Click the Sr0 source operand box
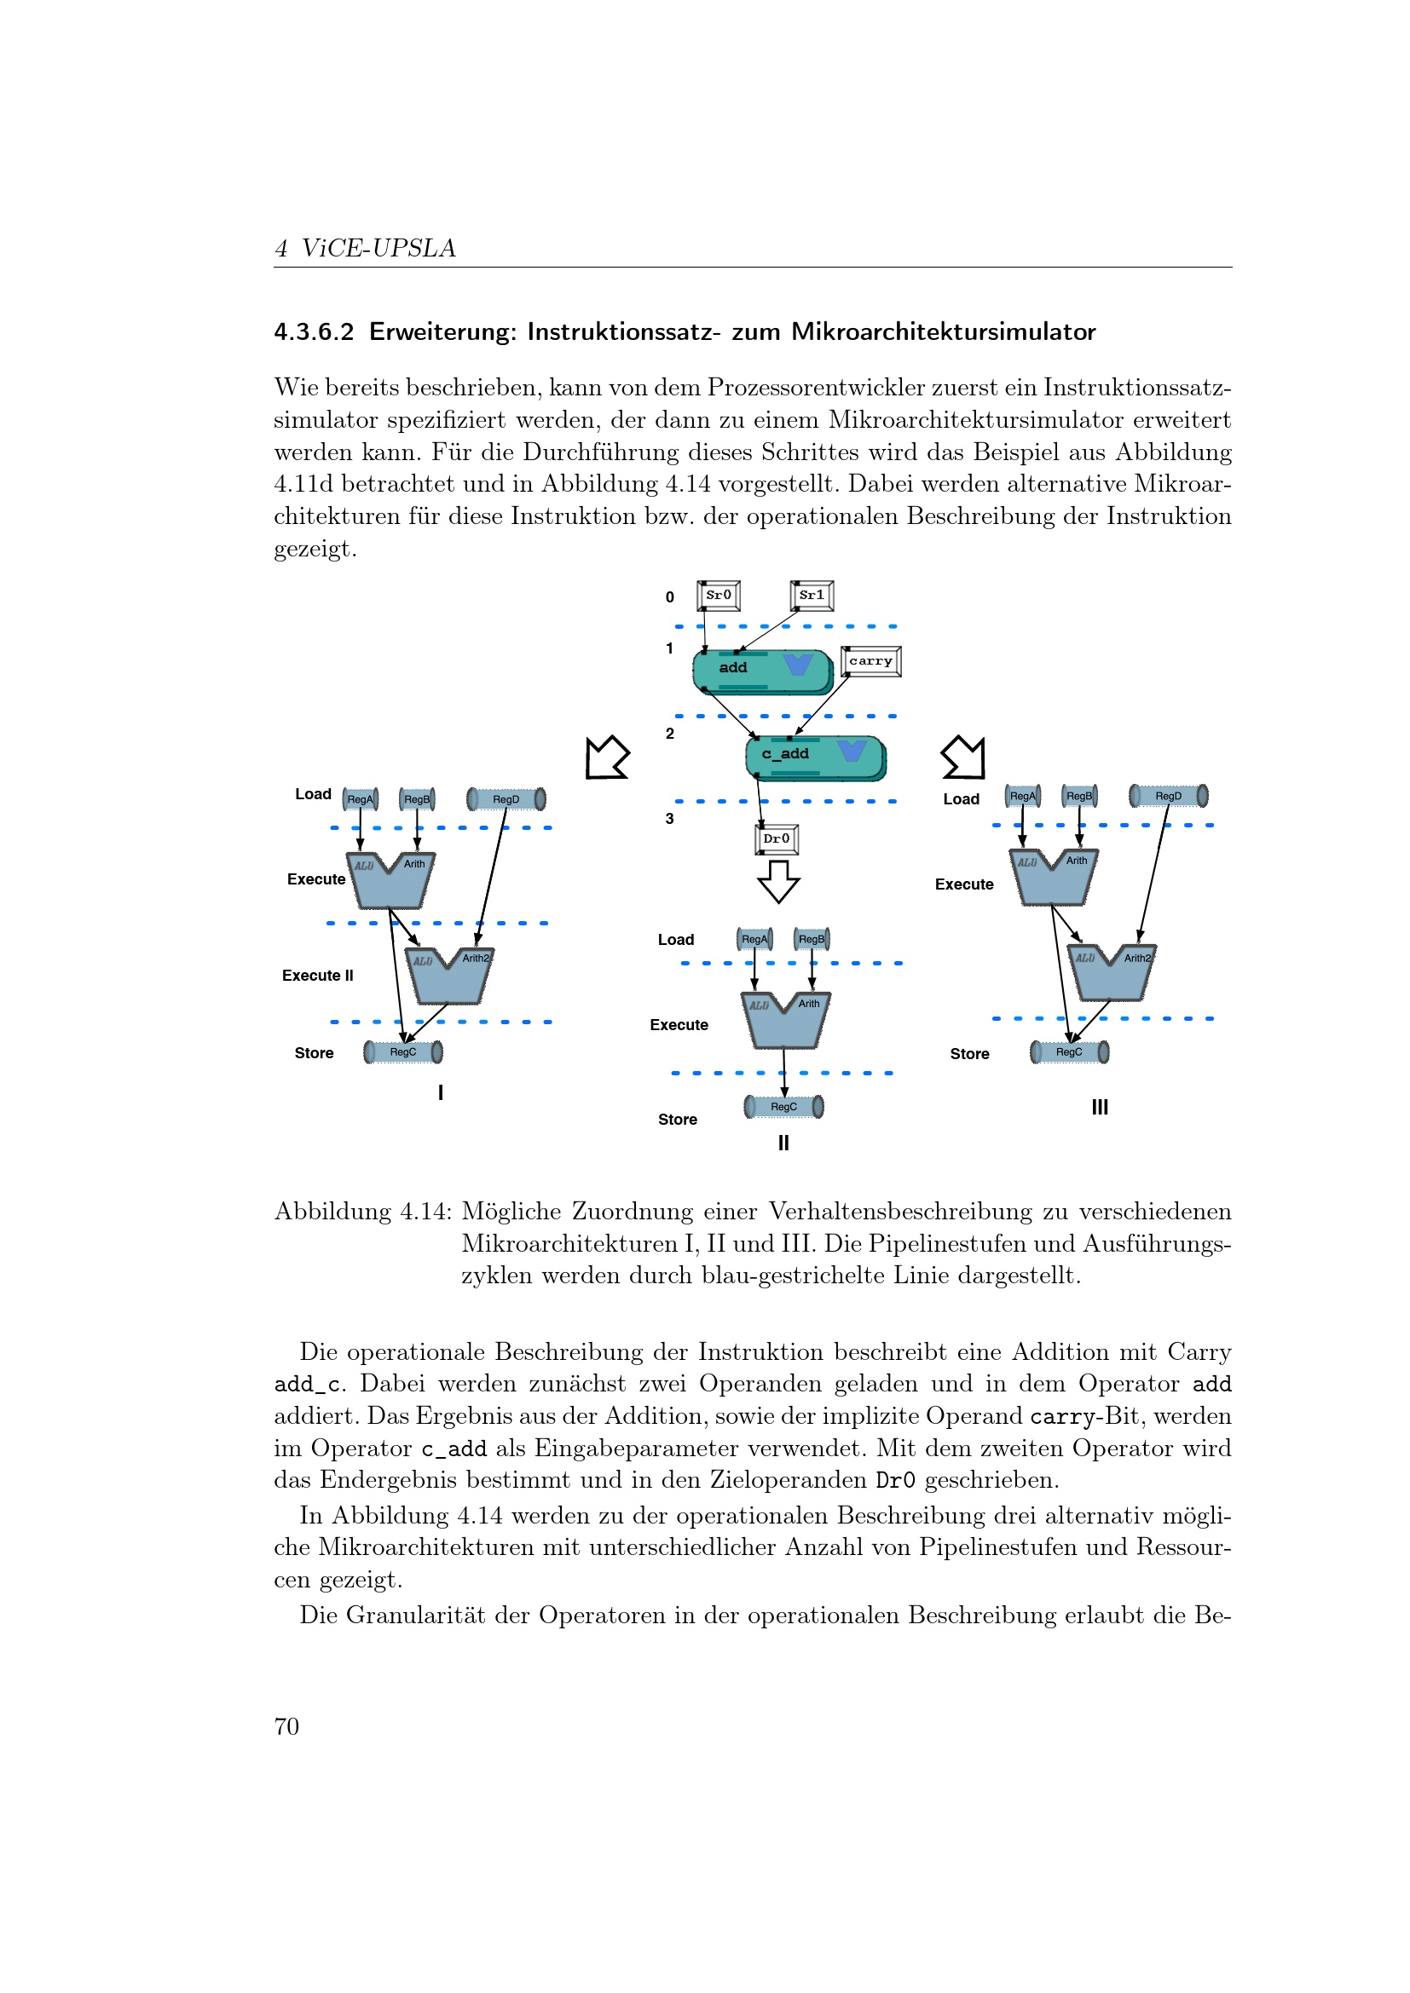pos(718,596)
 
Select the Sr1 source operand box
pos(812,596)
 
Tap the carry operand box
pos(871,661)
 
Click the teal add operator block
pos(762,671)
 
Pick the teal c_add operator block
pos(814,757)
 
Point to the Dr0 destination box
pos(777,839)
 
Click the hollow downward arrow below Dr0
pos(779,881)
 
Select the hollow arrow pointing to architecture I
pos(607,757)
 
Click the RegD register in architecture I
pos(506,799)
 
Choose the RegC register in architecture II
pos(784,1107)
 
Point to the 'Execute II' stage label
pos(318,976)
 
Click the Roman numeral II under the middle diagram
pos(783,1143)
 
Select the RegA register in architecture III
pos(1023,796)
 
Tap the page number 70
pos(286,1726)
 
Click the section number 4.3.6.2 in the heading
pos(314,332)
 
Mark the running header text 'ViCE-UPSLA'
pos(378,248)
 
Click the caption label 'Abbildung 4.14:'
pos(363,1212)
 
